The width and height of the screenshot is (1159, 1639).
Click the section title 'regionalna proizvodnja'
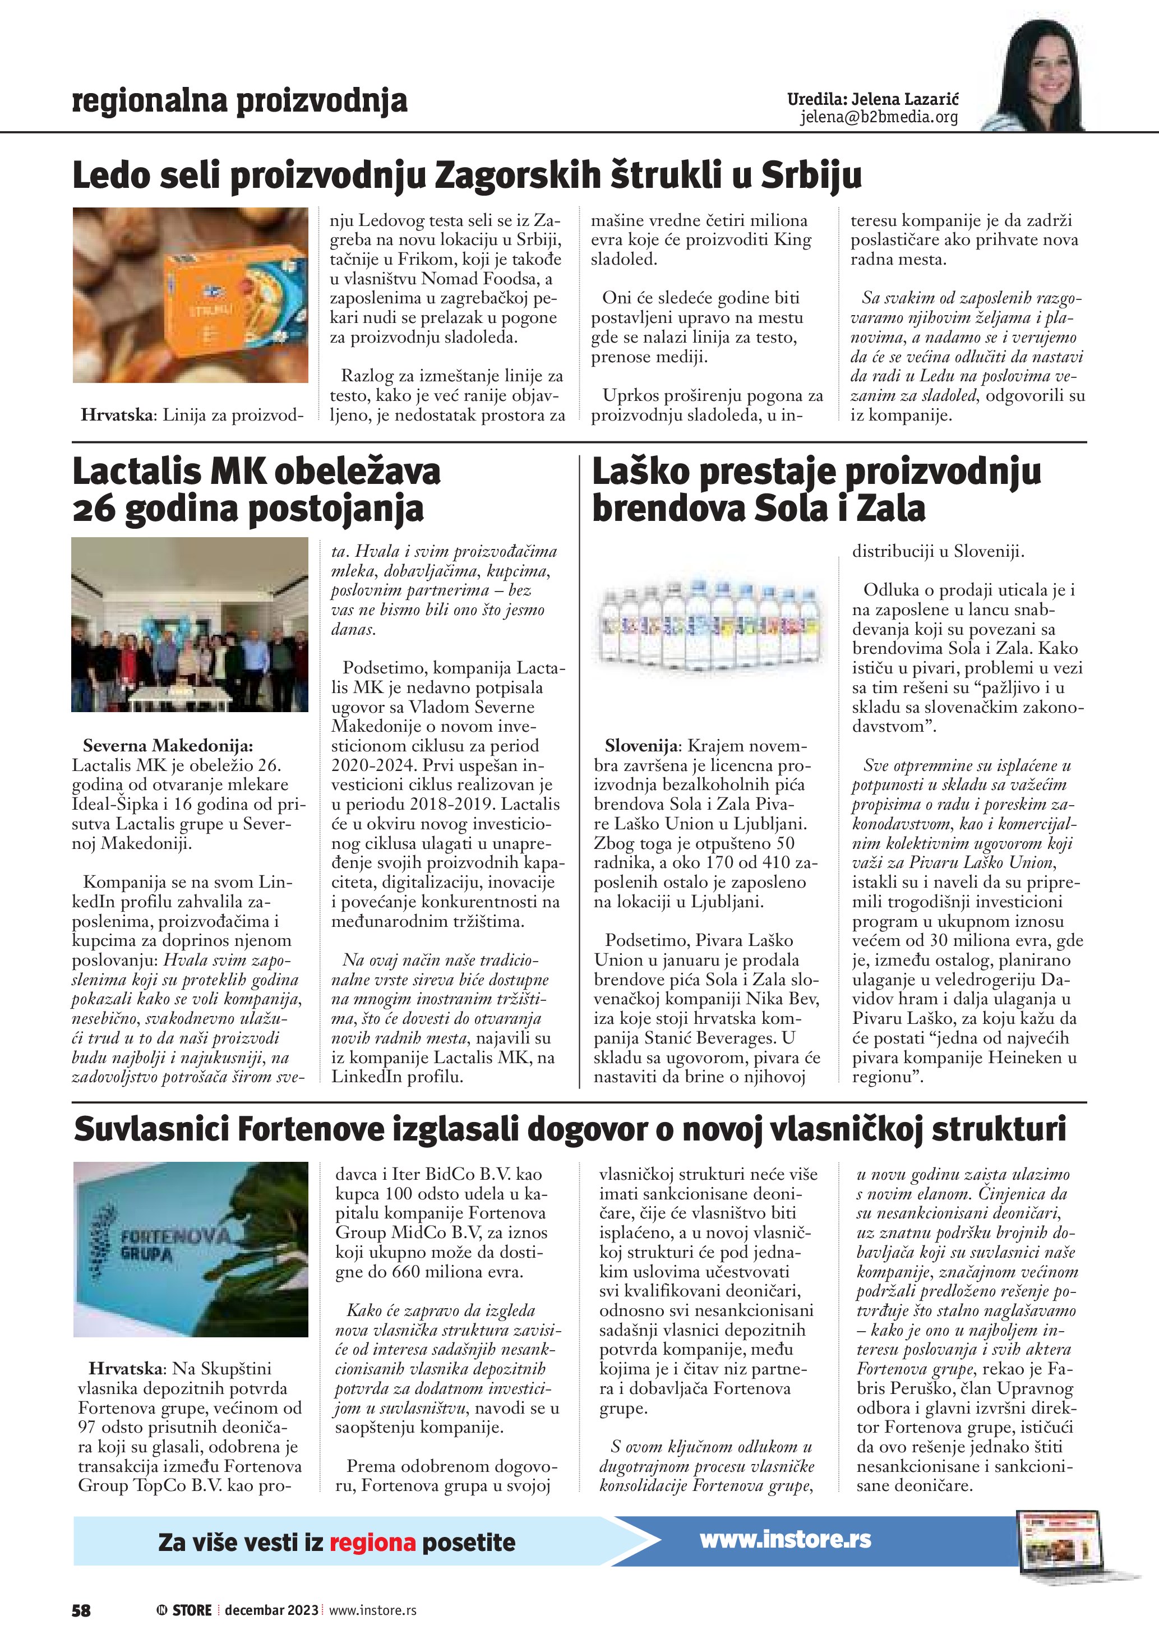click(x=240, y=102)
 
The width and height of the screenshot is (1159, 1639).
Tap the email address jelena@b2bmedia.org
click(x=879, y=118)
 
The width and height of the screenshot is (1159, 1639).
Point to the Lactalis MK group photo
click(x=190, y=625)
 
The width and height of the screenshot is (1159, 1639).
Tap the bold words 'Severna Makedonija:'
click(x=168, y=746)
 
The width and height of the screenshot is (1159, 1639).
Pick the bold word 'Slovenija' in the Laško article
click(x=641, y=746)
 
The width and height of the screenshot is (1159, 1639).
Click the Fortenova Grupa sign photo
click(x=191, y=1249)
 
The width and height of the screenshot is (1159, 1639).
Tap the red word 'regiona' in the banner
click(x=372, y=1542)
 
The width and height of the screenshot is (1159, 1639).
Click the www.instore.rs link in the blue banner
click(x=785, y=1539)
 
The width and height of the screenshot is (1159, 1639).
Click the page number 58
click(x=81, y=1610)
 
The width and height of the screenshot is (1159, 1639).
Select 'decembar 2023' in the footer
click(x=271, y=1610)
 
